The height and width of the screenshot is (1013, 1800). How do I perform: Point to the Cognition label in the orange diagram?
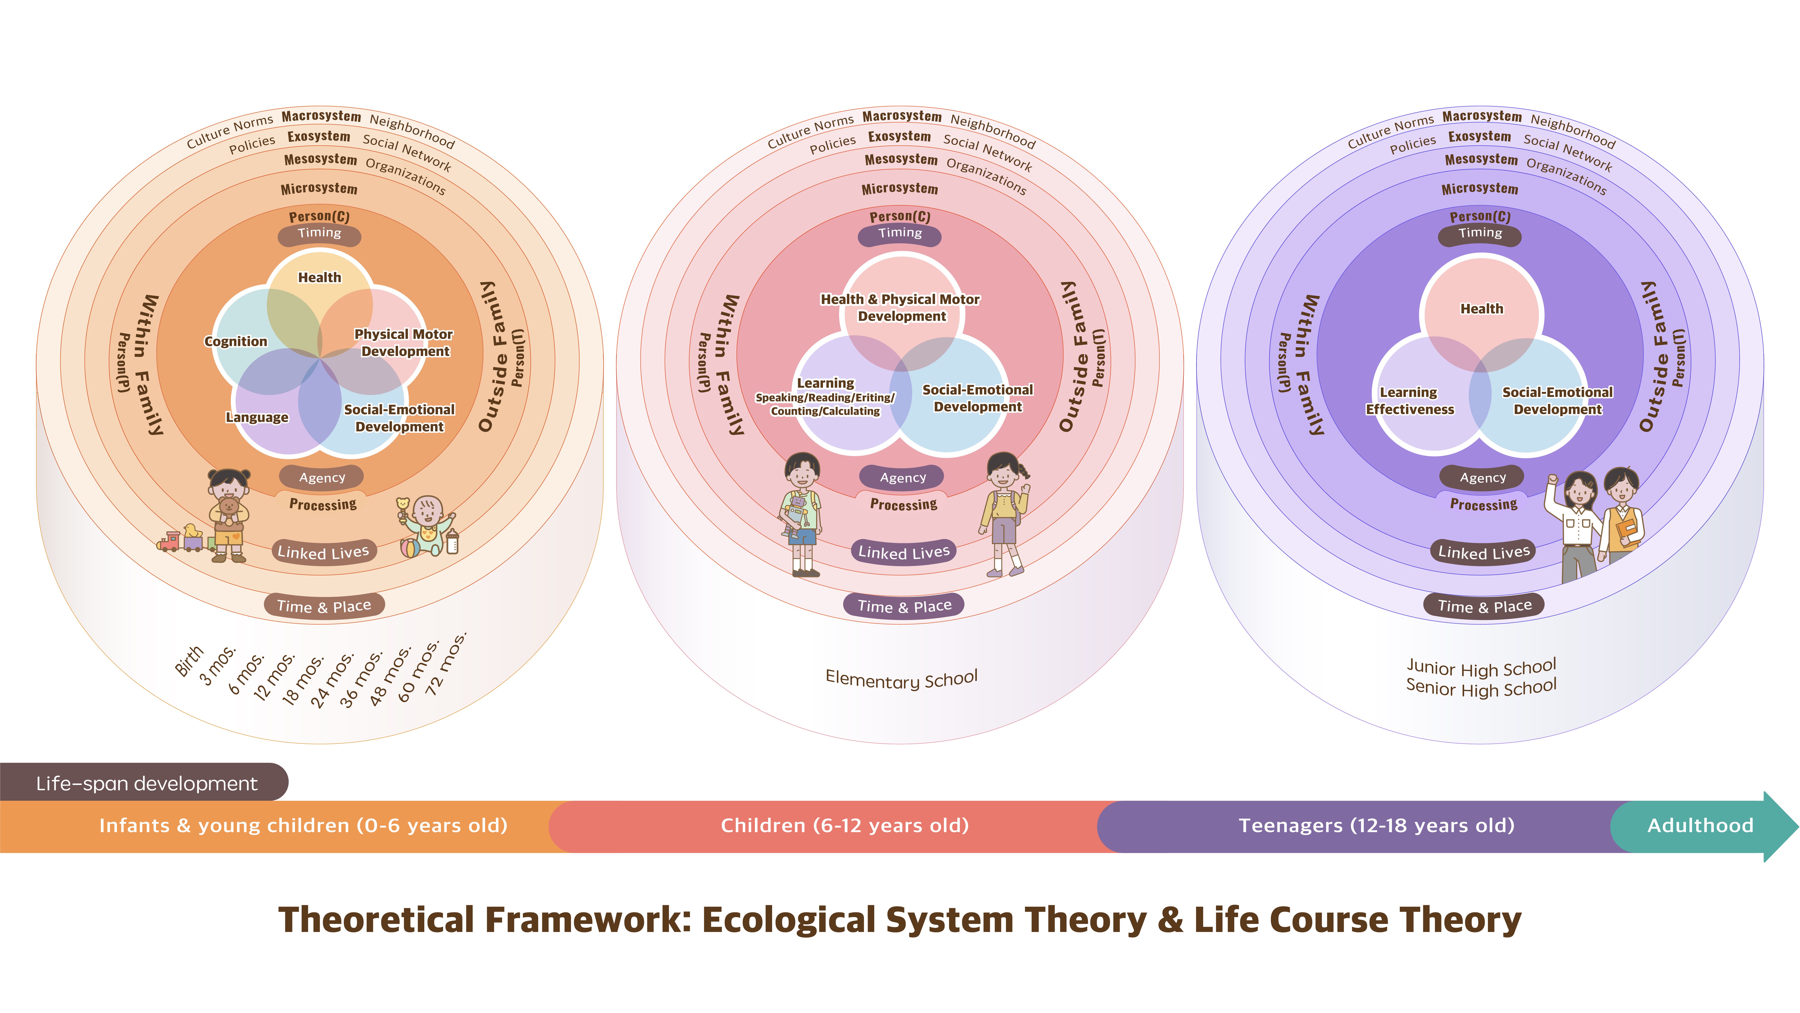[236, 341]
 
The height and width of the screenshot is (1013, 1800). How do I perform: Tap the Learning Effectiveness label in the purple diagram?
[1409, 401]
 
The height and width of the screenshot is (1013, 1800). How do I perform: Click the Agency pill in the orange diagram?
[322, 477]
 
